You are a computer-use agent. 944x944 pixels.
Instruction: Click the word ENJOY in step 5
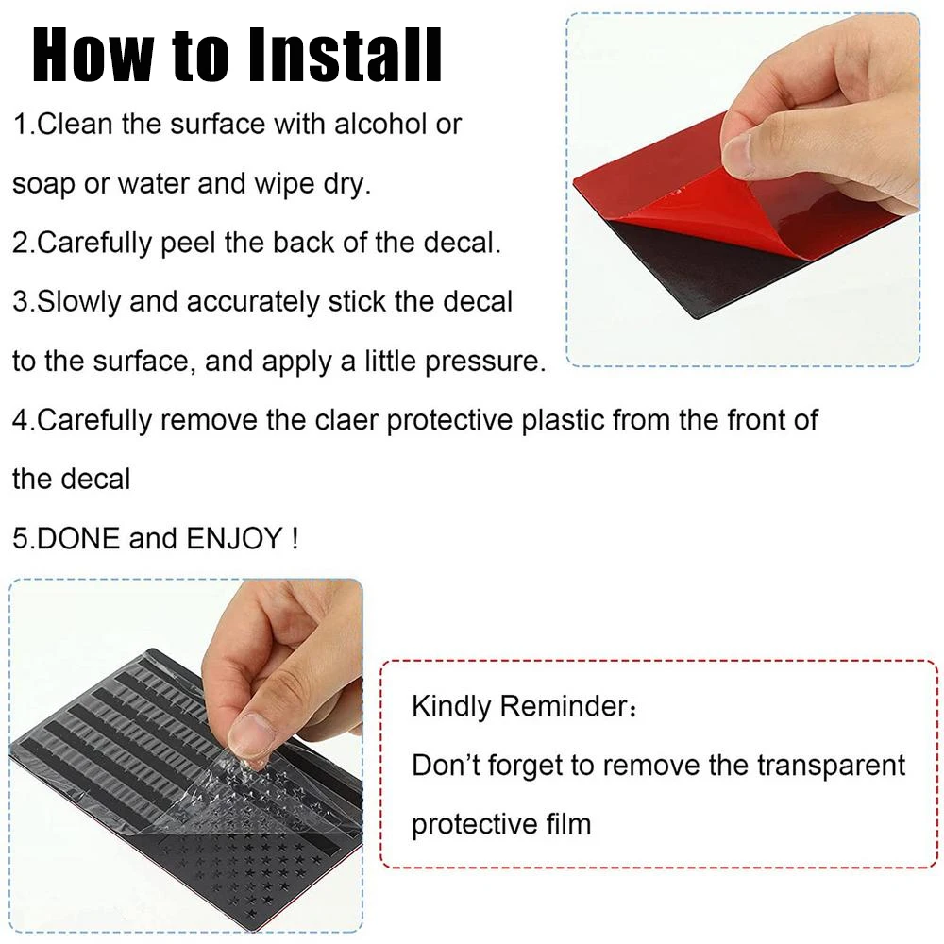coord(234,538)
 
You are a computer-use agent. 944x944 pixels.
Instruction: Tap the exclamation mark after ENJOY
coord(295,538)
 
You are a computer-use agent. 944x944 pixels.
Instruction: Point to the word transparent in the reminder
coord(832,766)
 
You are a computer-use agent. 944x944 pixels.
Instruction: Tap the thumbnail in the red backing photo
coord(737,156)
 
